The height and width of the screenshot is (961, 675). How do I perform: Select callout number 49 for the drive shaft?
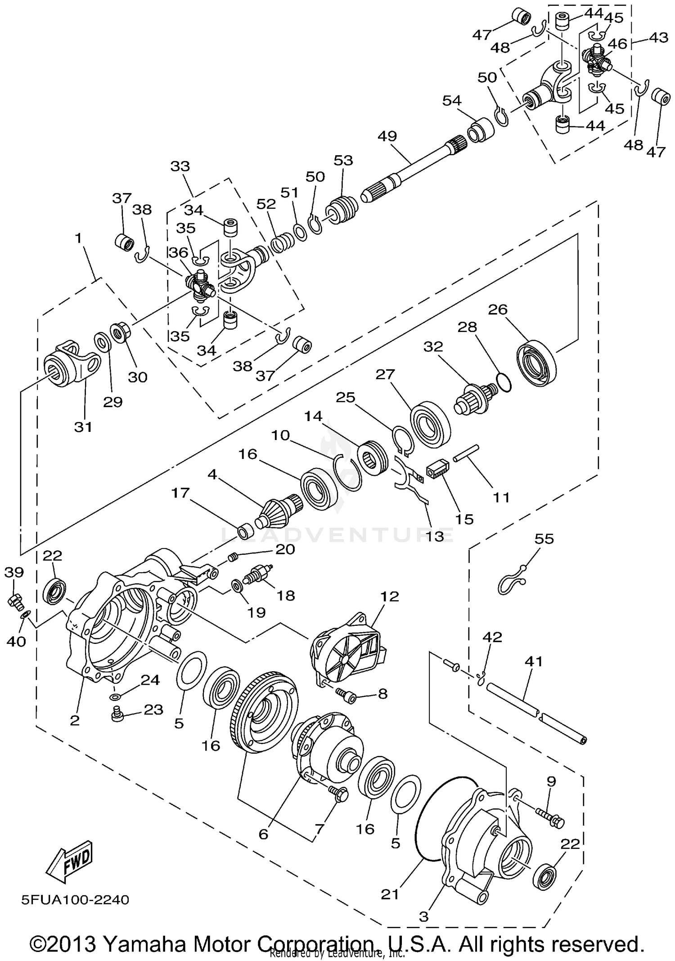[x=387, y=136]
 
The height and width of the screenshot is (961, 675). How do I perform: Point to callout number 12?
[x=390, y=597]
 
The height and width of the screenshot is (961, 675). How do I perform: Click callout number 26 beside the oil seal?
[x=498, y=310]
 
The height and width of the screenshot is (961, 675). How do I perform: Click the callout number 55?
[x=544, y=539]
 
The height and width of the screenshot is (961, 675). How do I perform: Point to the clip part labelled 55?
[x=512, y=583]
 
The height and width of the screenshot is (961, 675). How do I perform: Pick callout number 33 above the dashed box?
[x=180, y=166]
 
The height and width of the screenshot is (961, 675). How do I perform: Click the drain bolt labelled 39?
[x=15, y=601]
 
